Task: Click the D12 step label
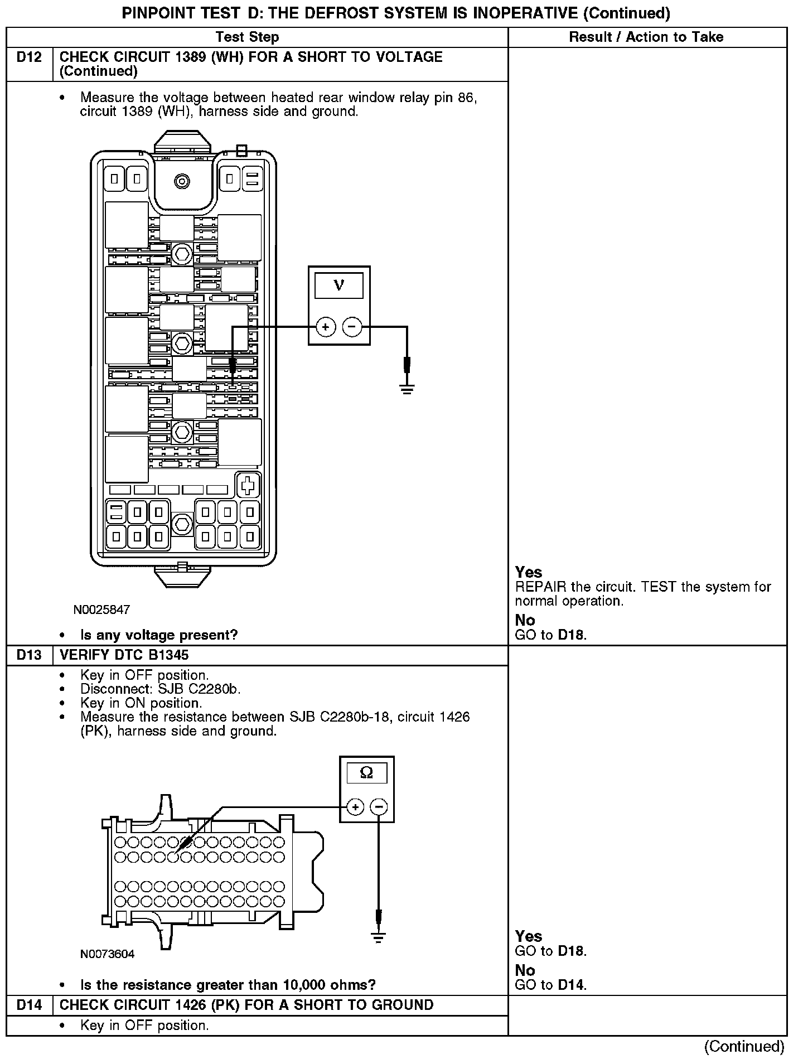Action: tap(29, 57)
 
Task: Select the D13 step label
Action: tap(29, 655)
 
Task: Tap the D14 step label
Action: tap(29, 1005)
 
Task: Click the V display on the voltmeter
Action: tap(339, 286)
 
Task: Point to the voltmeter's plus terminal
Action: tap(326, 327)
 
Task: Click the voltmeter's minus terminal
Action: tap(352, 327)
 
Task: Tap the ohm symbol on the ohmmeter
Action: tap(366, 772)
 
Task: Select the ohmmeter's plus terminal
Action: tap(355, 807)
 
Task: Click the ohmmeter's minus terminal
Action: tap(379, 807)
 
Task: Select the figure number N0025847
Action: tap(101, 610)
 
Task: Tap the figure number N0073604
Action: tap(107, 954)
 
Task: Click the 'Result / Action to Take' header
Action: tap(646, 37)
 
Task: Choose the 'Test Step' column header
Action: tap(247, 37)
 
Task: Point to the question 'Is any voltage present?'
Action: tap(159, 635)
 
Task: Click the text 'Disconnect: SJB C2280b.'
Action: tap(161, 689)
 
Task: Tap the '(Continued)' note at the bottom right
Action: tap(744, 1047)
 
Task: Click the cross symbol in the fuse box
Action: tap(248, 485)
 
